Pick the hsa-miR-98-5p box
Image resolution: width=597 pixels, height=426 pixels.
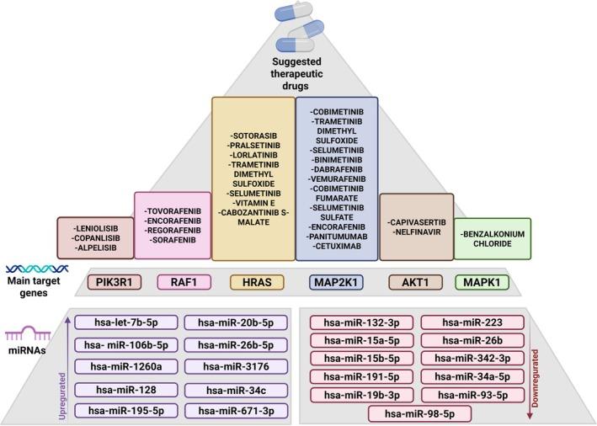click(419, 413)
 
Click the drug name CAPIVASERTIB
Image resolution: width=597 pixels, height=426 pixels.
click(418, 222)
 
